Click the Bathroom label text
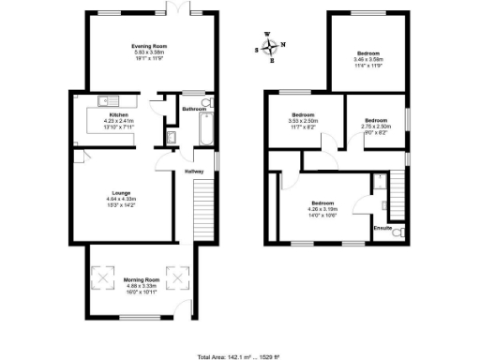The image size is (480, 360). pos(194,110)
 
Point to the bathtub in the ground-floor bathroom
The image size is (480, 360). pos(205,137)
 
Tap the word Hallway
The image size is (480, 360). pos(194,172)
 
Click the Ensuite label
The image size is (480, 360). pos(382,227)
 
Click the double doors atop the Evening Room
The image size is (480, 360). pos(174,9)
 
